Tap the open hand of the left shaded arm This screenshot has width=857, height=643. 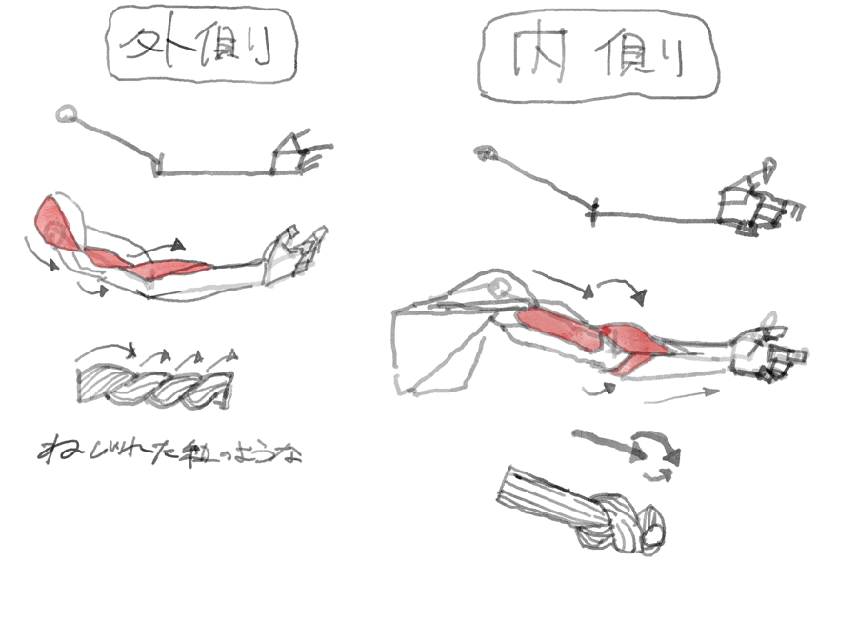[295, 253]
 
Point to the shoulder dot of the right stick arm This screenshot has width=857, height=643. [487, 151]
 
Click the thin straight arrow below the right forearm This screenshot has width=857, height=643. [681, 395]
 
